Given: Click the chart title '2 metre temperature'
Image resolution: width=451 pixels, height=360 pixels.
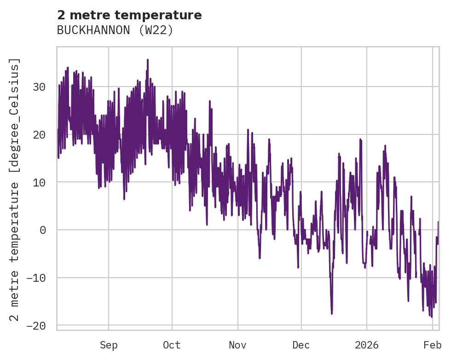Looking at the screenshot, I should point(129,15).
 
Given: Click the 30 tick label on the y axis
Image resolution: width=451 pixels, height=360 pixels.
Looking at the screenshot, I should point(40,87).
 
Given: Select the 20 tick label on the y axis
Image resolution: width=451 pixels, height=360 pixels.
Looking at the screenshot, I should point(40,135).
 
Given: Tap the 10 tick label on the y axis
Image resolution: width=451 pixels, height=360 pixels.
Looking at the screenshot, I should point(40,182).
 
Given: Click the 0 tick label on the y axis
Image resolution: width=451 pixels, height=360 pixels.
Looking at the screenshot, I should point(43,230).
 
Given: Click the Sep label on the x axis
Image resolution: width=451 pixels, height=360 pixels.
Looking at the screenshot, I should point(109,345).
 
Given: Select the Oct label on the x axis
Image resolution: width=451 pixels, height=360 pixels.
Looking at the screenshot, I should point(172,345).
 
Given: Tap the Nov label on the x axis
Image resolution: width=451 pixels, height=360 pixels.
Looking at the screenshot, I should point(238,345).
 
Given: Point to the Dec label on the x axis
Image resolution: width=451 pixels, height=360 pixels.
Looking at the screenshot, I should point(301,345).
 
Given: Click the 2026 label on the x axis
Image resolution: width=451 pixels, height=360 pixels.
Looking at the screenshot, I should point(367,345).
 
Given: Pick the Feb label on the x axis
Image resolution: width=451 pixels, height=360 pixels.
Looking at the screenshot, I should point(433,345).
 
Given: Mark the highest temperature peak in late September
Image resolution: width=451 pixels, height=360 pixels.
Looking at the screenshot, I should point(148,60).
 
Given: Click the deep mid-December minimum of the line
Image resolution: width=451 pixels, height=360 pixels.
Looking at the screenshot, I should point(332,314).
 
